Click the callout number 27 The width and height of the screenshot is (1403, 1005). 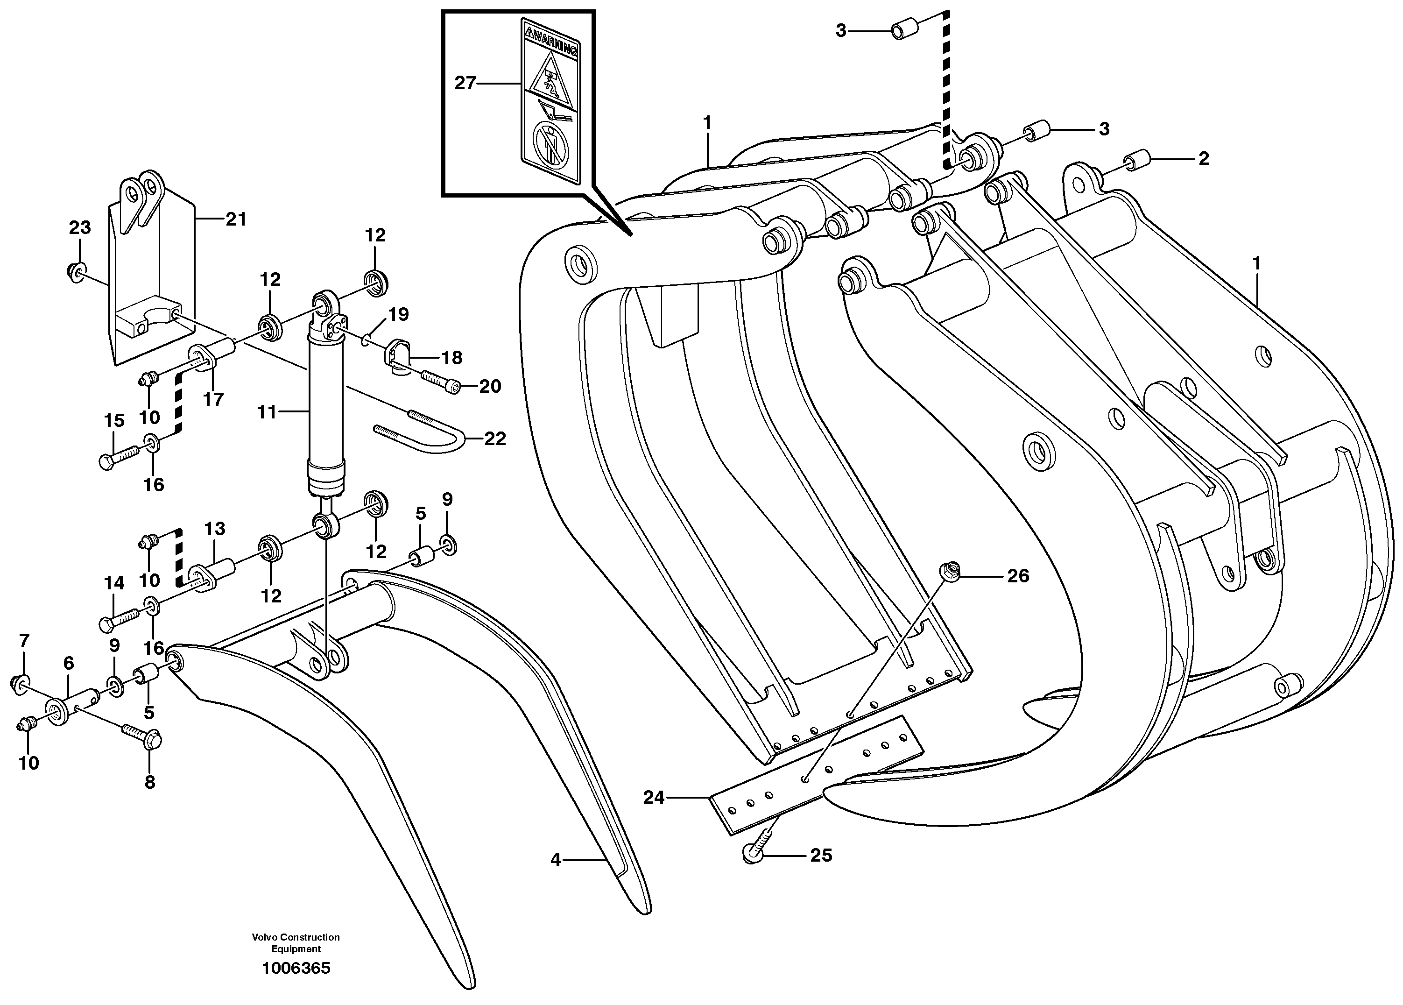(465, 83)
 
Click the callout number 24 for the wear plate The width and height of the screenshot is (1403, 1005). (653, 798)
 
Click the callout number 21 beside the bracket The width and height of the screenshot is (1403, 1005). (236, 219)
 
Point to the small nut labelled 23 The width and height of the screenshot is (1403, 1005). (76, 271)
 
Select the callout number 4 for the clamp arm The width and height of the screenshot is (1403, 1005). (556, 860)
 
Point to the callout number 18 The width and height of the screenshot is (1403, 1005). (452, 358)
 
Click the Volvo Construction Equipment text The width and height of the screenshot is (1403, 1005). (296, 942)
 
